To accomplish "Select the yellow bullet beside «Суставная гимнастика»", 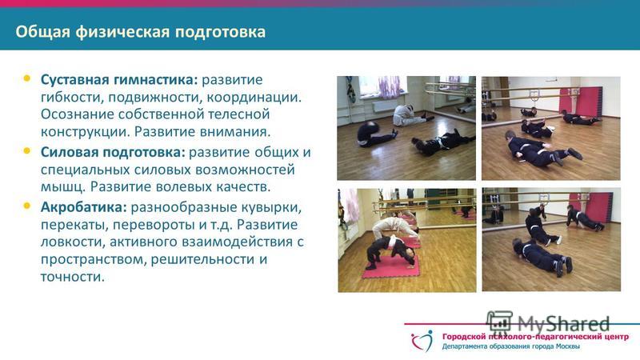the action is point(27,78).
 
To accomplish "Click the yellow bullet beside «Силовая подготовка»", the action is point(27,151).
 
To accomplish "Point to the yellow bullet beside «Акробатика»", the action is point(27,206).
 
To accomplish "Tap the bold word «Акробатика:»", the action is point(84,207).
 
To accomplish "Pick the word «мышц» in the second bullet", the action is point(63,187).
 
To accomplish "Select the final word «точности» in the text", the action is point(73,277).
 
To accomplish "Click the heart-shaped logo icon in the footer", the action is point(422,341).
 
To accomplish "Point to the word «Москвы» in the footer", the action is point(567,346).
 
